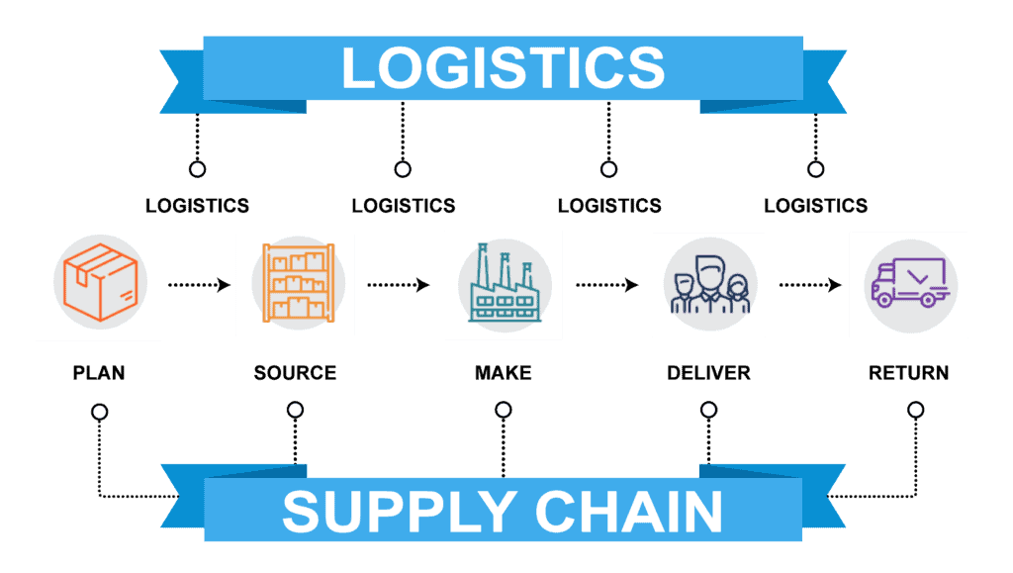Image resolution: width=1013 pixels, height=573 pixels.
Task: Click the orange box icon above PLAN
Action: point(100,282)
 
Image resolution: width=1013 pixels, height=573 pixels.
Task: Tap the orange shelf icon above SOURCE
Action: point(299,283)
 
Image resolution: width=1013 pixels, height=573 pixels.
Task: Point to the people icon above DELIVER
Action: point(710,284)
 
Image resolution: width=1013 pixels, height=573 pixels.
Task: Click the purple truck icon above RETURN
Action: point(910,282)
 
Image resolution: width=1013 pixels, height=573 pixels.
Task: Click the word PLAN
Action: point(99,373)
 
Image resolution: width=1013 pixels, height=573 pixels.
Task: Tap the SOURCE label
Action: point(295,373)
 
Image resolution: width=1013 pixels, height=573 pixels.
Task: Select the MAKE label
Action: point(504,373)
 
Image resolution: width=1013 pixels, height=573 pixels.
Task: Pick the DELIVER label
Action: point(708,373)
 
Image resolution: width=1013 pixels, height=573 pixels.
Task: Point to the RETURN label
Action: point(909,373)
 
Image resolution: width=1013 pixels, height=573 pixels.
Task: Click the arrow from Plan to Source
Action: point(199,285)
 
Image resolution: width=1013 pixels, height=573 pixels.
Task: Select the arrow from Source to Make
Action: point(399,285)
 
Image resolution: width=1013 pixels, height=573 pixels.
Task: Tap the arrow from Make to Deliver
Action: point(607,285)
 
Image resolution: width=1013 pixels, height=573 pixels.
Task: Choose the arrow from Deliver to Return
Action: point(810,285)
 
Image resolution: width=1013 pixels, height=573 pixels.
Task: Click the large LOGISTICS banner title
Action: point(504,68)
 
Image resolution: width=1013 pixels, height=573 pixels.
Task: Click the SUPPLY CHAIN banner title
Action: point(503,511)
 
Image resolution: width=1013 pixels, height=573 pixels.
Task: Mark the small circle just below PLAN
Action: point(100,412)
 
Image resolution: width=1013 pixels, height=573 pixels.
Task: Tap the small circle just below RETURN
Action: point(915,410)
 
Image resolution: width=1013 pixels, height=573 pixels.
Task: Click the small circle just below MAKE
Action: point(504,410)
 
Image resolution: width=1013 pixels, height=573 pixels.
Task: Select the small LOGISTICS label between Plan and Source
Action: point(197,206)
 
